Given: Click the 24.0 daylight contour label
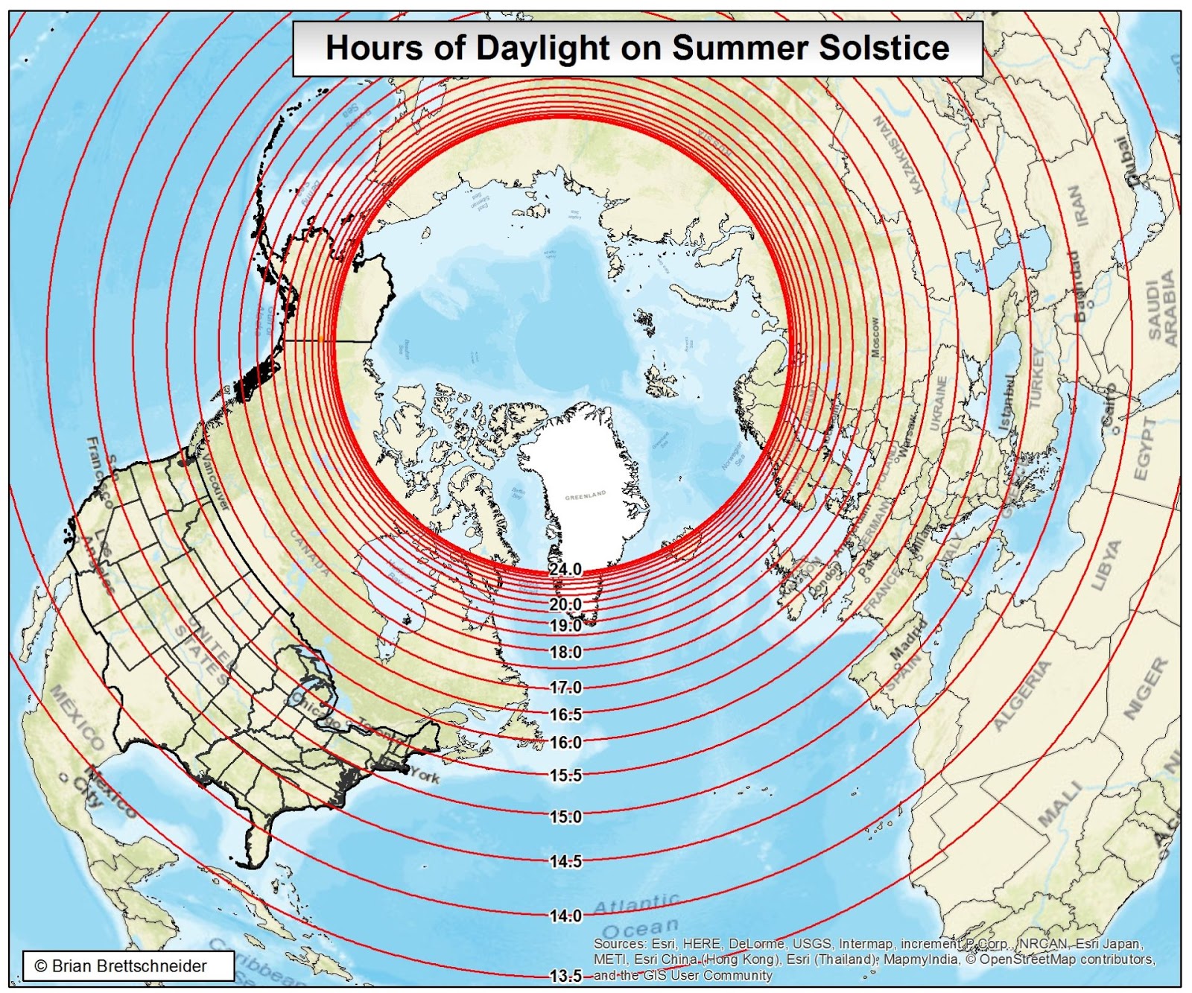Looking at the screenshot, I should (565, 570).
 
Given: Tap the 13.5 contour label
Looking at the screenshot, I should (565, 976).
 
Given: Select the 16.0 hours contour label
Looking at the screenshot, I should (565, 743).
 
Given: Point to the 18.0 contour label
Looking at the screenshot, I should (565, 653).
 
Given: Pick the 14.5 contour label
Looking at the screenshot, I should (565, 862).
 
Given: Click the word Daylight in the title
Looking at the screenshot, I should (542, 48).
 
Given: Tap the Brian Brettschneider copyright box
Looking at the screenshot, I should (128, 966).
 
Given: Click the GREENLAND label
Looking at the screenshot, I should (586, 496).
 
